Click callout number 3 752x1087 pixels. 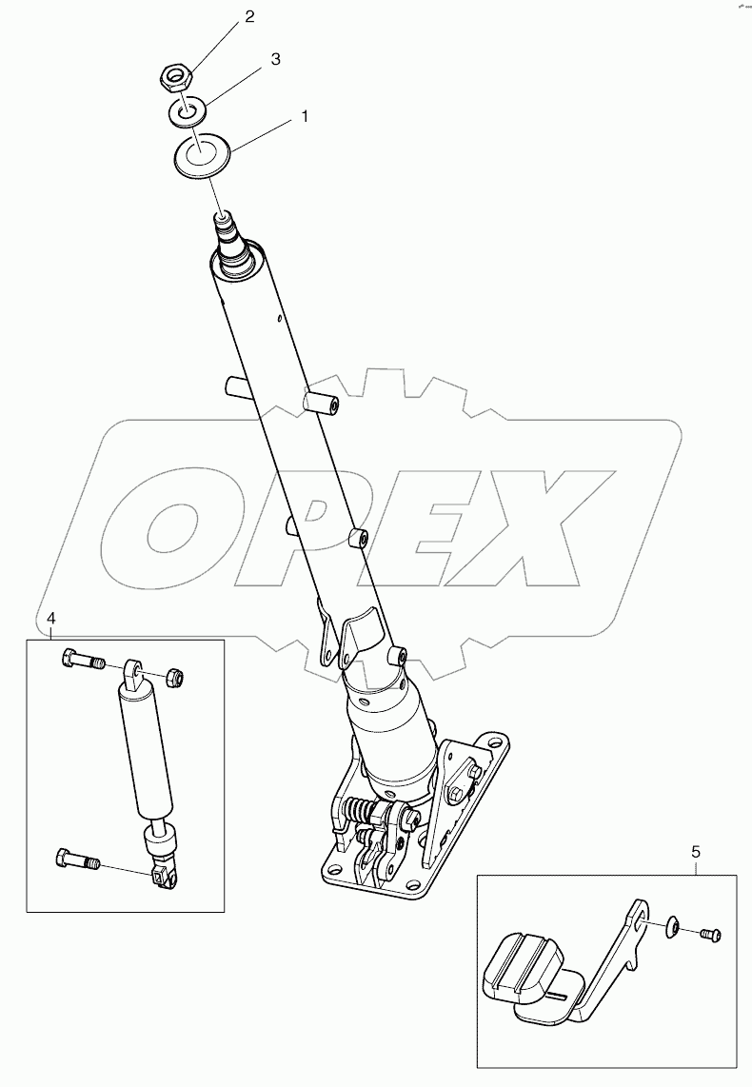(275, 59)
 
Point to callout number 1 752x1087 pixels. (305, 116)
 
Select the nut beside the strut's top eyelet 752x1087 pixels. (174, 677)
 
